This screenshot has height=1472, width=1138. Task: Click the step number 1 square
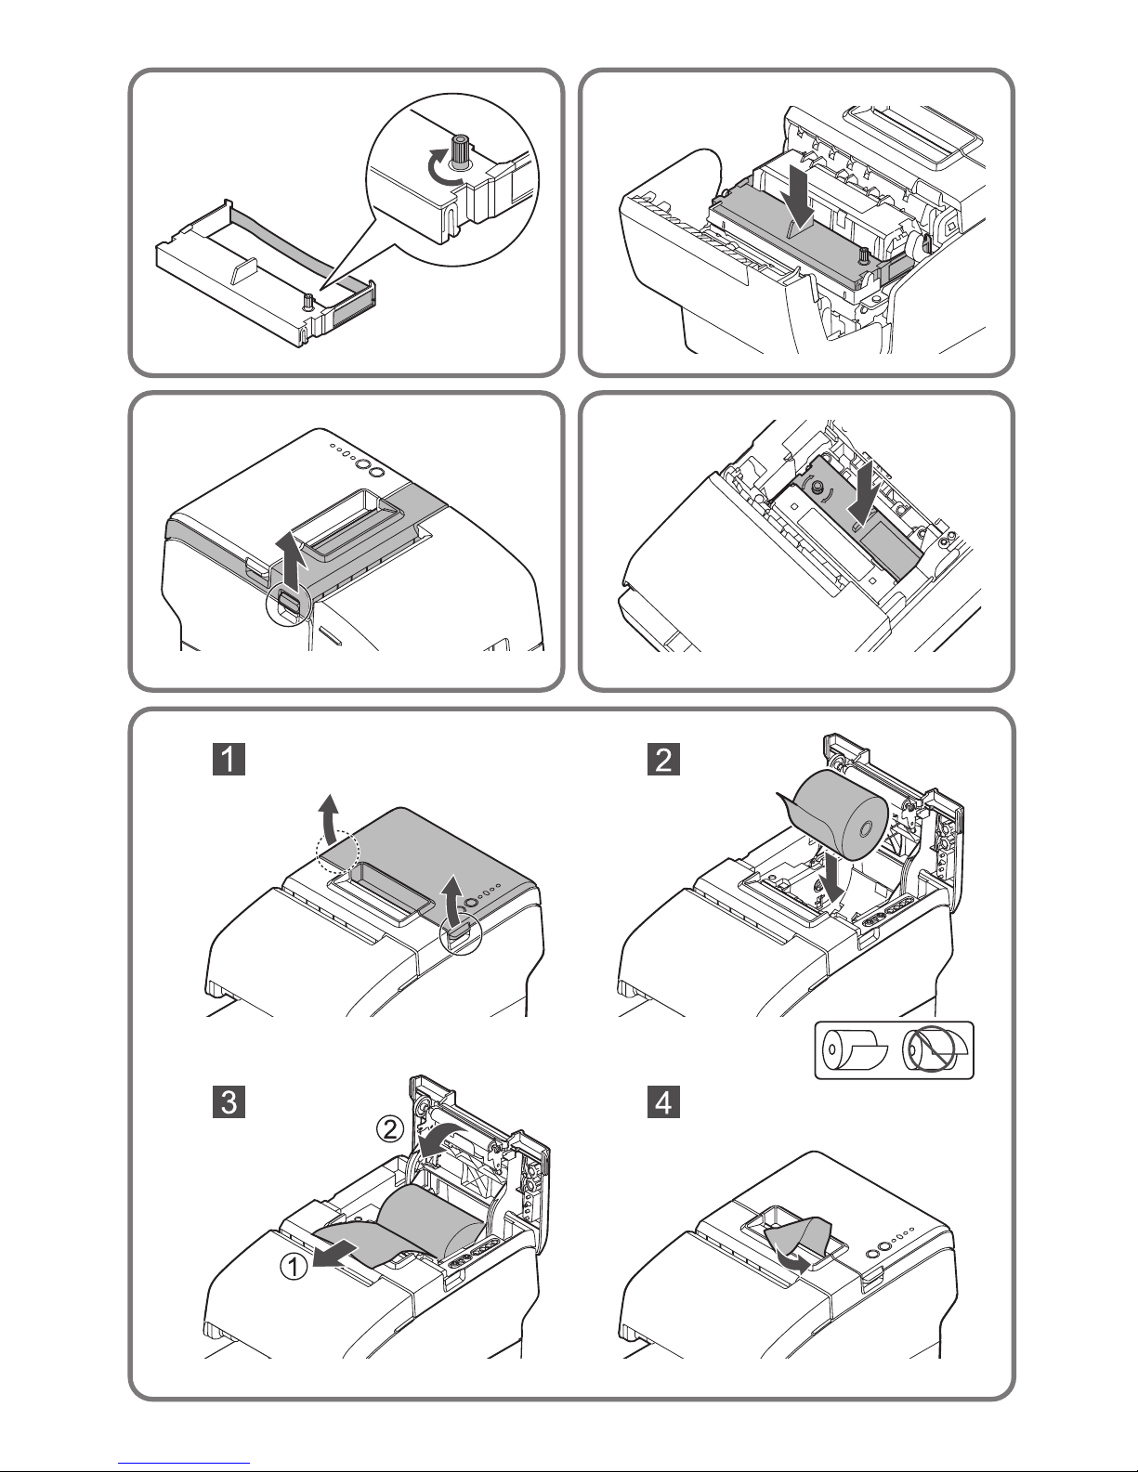pyautogui.click(x=229, y=759)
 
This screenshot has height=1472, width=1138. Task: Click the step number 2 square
pyautogui.click(x=663, y=759)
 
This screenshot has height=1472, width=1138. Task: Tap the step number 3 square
pyautogui.click(x=229, y=1102)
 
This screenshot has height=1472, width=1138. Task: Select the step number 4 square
pyautogui.click(x=663, y=1102)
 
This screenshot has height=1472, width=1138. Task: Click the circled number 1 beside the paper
pyautogui.click(x=294, y=1266)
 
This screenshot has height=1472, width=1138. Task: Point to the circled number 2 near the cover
pyautogui.click(x=390, y=1129)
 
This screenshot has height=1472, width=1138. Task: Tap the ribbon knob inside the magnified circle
pyautogui.click(x=460, y=150)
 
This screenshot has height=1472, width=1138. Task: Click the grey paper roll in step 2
pyautogui.click(x=834, y=814)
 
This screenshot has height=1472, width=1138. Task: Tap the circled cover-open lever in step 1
pyautogui.click(x=459, y=935)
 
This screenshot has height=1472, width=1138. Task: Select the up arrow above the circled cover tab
pyautogui.click(x=292, y=559)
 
